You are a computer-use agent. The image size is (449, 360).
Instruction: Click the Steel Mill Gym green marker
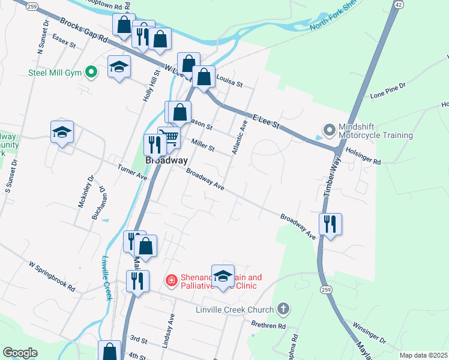pyautogui.click(x=91, y=73)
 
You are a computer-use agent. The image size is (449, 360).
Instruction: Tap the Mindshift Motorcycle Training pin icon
pyautogui.click(x=329, y=130)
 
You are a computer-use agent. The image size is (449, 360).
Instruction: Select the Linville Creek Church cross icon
pyautogui.click(x=283, y=310)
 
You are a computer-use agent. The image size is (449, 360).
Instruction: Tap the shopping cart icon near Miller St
pyautogui.click(x=171, y=138)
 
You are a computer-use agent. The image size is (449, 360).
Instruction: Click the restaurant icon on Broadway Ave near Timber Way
pyautogui.click(x=330, y=224)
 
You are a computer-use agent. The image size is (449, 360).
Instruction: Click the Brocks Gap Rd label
pyautogui.click(x=83, y=32)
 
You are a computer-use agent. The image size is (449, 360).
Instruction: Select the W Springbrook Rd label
pyautogui.click(x=52, y=276)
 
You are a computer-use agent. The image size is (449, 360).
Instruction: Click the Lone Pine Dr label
pyautogui.click(x=388, y=91)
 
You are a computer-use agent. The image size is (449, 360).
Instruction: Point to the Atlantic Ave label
pyautogui.click(x=239, y=136)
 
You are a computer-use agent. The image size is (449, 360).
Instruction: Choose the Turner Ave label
pyautogui.click(x=133, y=173)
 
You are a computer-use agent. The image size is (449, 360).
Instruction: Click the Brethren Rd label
pyautogui.click(x=268, y=326)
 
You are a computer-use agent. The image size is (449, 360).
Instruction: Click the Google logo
pyautogui.click(x=20, y=353)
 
